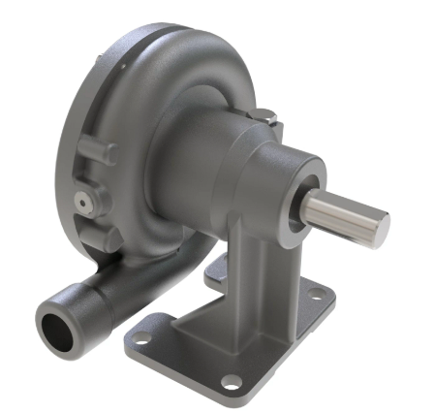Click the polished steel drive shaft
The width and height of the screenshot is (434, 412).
pos(344,214)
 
